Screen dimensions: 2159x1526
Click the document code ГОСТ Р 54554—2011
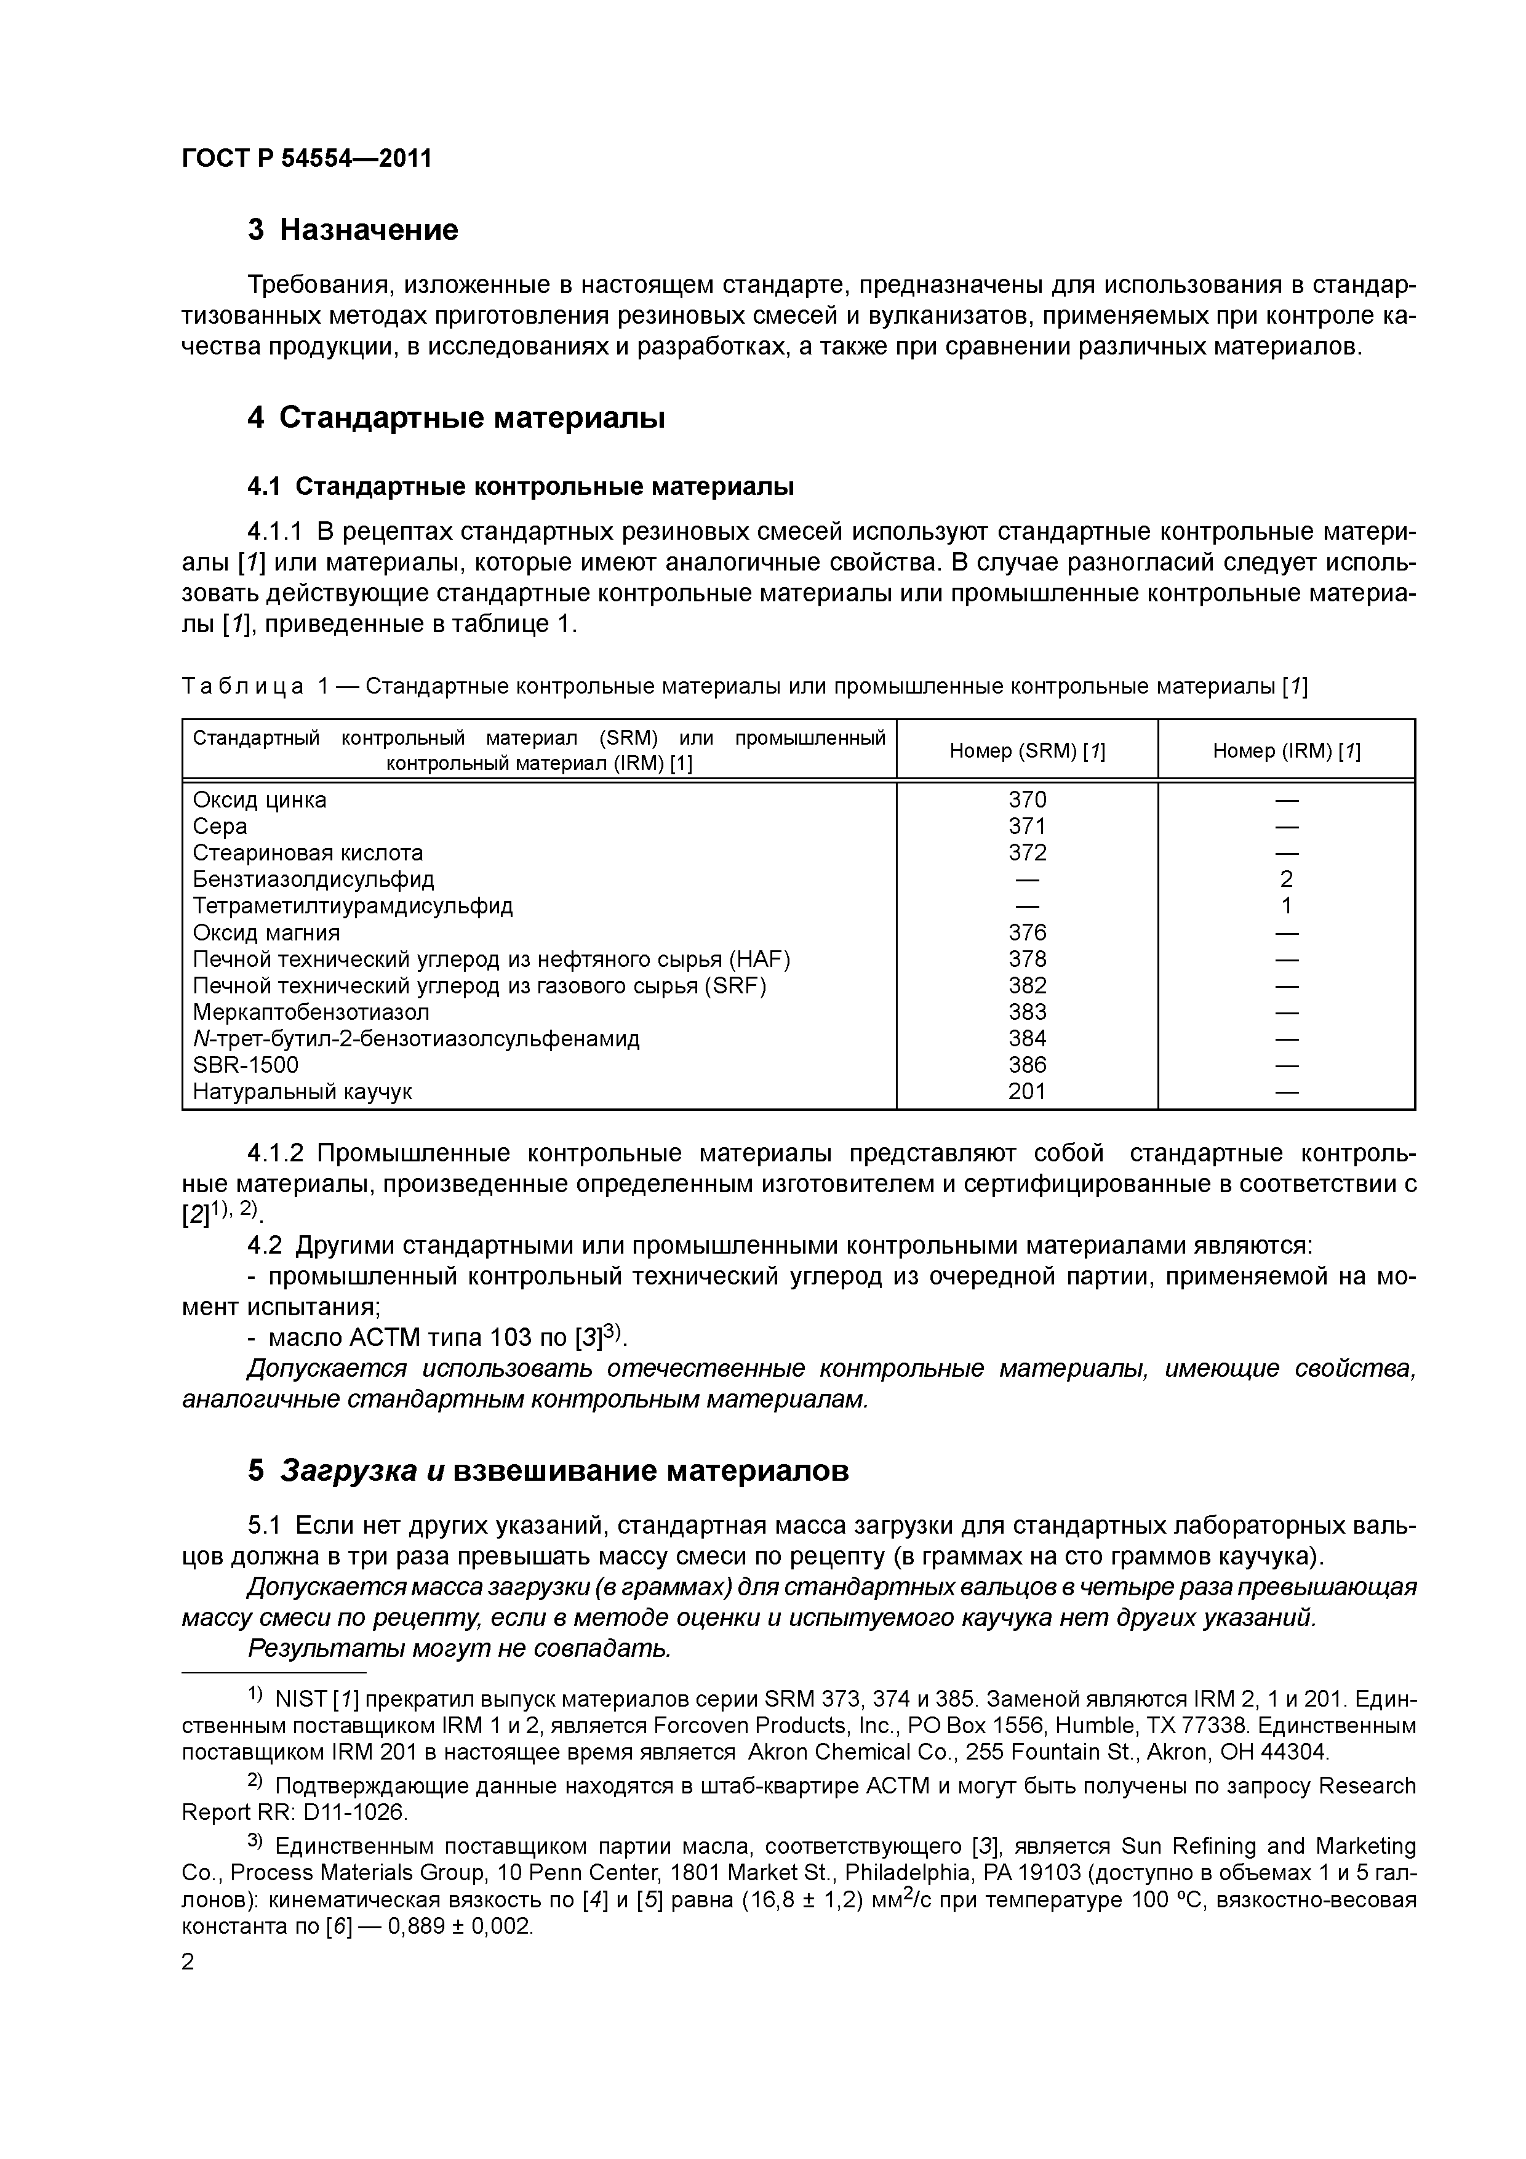coord(306,158)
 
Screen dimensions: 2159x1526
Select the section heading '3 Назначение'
coord(353,230)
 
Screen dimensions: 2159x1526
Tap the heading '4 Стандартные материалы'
coord(456,417)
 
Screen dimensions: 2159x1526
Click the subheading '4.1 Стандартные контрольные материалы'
coord(520,486)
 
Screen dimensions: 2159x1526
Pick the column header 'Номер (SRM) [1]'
coord(1027,750)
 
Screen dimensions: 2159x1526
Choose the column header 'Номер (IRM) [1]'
coord(1286,750)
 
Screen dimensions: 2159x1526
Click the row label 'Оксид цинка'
coord(260,799)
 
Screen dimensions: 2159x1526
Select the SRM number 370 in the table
coord(1027,799)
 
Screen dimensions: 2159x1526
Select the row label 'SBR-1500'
coord(246,1065)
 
